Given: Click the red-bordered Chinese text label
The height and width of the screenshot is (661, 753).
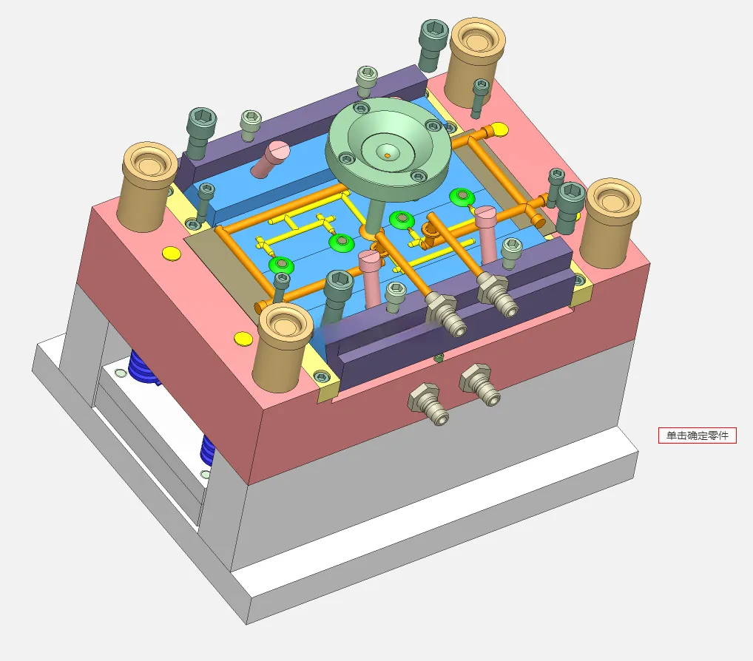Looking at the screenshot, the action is tap(697, 435).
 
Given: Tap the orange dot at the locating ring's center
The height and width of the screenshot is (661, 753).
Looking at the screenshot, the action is tap(388, 155).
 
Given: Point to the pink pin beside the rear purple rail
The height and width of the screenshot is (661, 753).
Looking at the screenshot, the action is tap(271, 158).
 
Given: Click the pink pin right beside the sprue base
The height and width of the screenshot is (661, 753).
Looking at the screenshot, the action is tap(371, 278).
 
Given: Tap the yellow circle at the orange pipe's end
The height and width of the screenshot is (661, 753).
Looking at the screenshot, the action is tap(500, 129).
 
